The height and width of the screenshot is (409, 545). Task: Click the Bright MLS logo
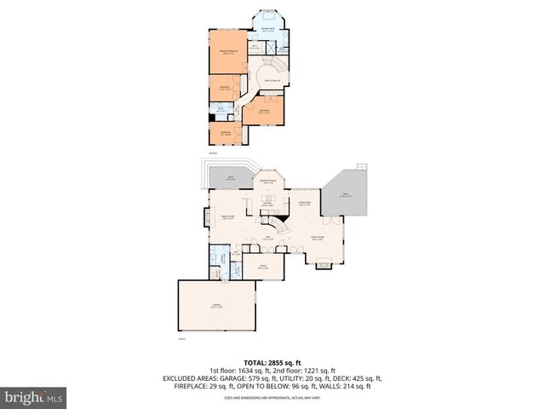[34, 397]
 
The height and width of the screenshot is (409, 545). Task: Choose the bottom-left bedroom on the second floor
[226, 134]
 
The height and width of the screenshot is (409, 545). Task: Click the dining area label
[304, 203]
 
